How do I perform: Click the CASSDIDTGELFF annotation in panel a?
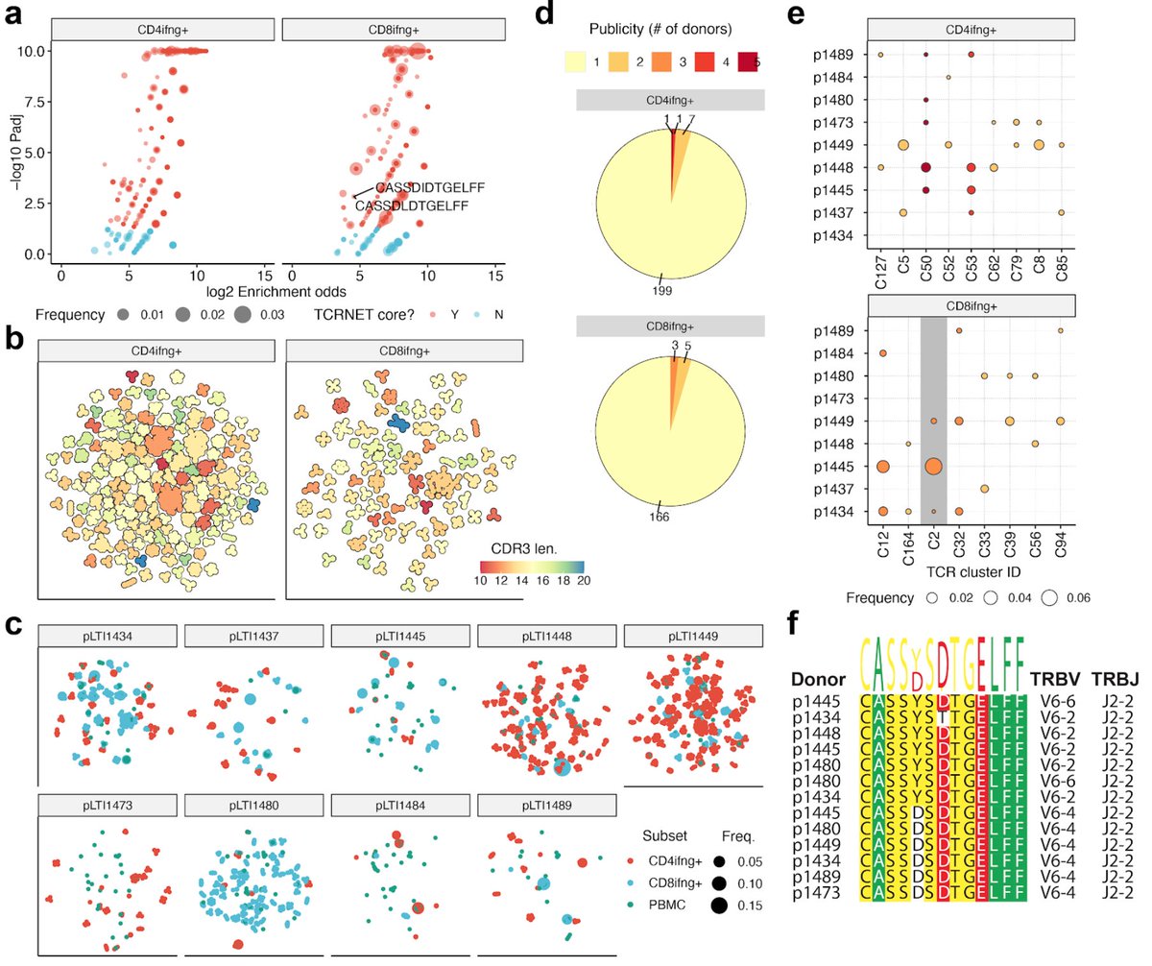pos(421,186)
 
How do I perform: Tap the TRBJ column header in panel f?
pos(1109,677)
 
